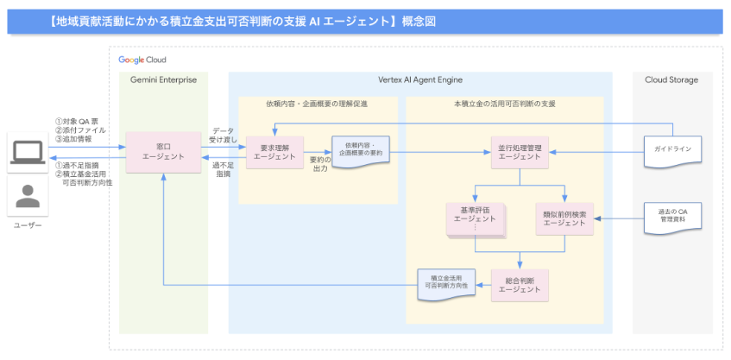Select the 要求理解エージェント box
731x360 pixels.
pos(275,151)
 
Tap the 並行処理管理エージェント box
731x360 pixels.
pos(519,151)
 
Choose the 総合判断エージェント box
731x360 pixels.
pos(519,285)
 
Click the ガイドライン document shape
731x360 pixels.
pos(673,150)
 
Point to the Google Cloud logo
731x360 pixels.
pos(143,60)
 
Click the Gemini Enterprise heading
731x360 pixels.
pos(163,80)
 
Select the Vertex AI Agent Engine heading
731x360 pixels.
pos(419,80)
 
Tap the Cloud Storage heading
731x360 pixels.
pos(671,80)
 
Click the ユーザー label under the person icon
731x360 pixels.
pos(27,226)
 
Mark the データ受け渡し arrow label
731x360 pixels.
pos(222,134)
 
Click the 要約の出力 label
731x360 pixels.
pos(318,163)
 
